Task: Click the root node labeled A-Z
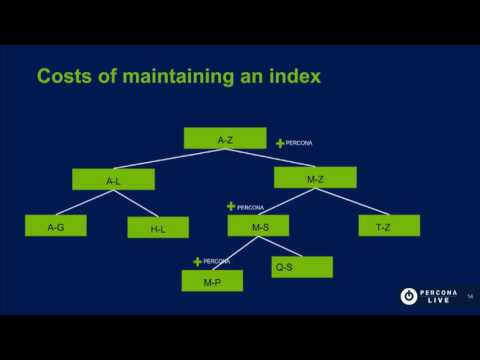225,139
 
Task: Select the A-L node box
113,180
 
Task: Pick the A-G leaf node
56,227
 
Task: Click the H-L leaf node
158,228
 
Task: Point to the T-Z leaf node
383,227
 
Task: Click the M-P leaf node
212,281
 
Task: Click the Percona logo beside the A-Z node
294,143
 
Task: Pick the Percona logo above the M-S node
244,207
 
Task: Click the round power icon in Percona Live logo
409,296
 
